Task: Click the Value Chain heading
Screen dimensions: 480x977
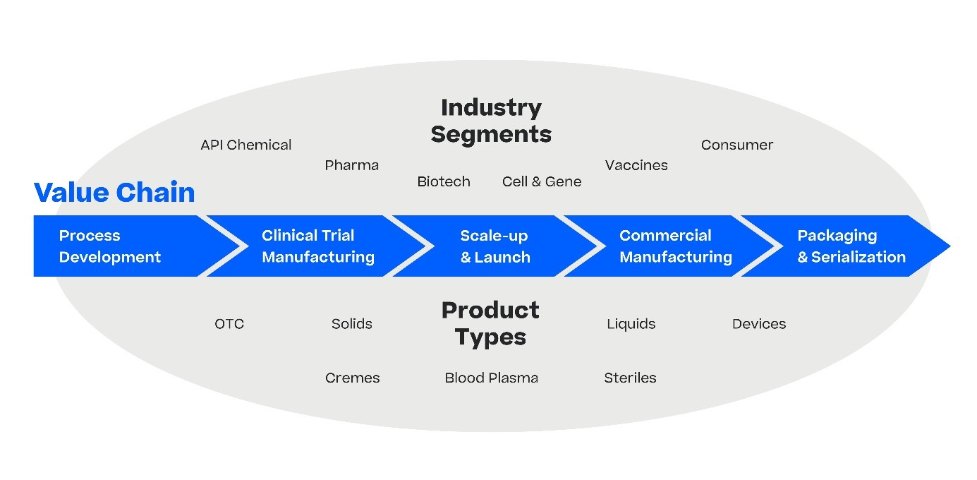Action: click(x=114, y=193)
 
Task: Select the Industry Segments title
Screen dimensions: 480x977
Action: click(x=491, y=121)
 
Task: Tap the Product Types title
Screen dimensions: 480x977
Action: click(x=491, y=323)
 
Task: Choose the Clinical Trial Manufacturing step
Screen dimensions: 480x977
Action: click(x=317, y=246)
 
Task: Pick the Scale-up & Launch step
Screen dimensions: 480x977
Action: click(x=494, y=246)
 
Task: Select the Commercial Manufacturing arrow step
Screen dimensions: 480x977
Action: click(x=675, y=246)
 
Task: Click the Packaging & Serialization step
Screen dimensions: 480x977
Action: click(x=851, y=246)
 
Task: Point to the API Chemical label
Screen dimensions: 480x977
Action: click(x=245, y=145)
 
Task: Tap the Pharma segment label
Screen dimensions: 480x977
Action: click(x=351, y=166)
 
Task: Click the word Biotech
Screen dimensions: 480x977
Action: click(x=443, y=182)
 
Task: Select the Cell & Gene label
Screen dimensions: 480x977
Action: click(x=542, y=182)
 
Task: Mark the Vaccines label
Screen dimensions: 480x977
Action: click(x=636, y=166)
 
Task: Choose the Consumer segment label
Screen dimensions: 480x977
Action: click(x=736, y=145)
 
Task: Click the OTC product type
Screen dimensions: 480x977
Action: click(x=229, y=324)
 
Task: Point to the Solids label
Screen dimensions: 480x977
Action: click(x=351, y=324)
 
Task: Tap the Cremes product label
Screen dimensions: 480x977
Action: click(x=352, y=378)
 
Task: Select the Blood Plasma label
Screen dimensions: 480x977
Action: click(x=491, y=378)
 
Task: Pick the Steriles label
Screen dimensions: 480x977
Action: click(x=630, y=378)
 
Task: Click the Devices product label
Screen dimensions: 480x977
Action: click(x=758, y=324)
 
